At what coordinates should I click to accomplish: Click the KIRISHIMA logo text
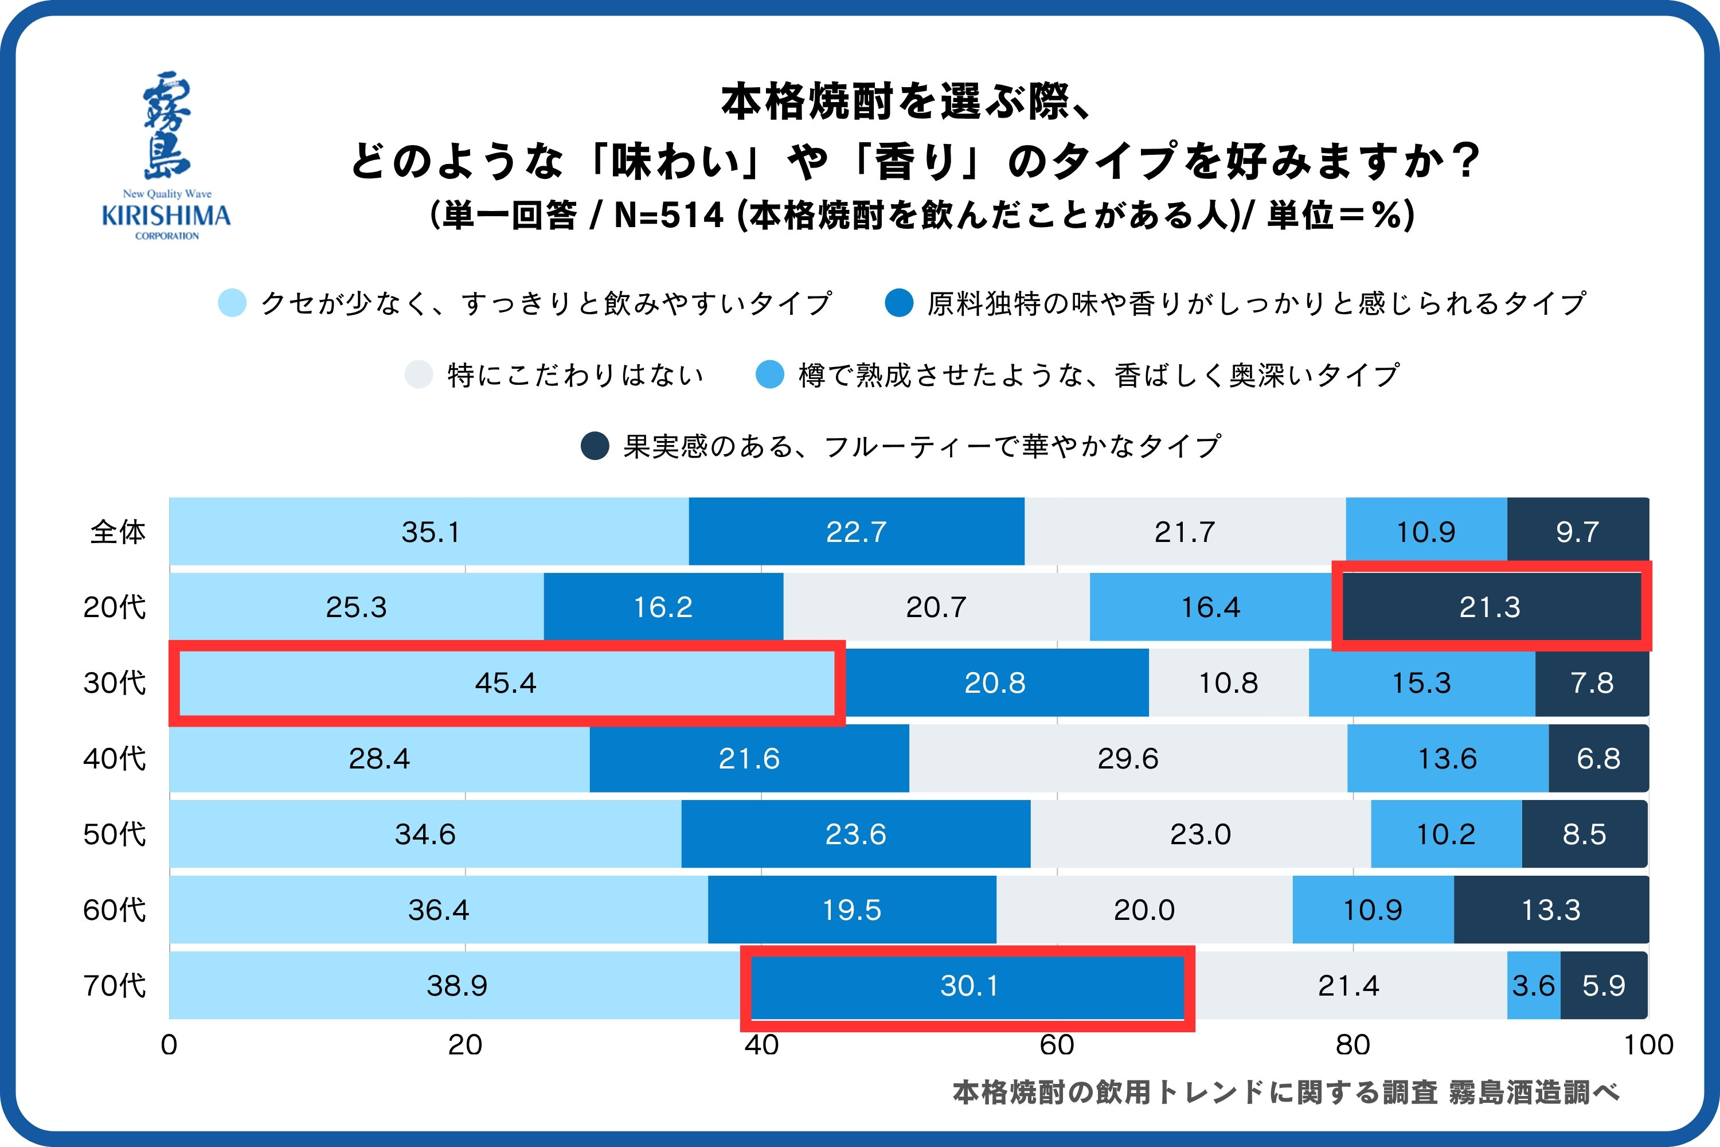(166, 215)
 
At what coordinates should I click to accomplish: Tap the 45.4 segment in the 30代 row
(505, 683)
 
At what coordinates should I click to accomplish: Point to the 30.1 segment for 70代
(968, 986)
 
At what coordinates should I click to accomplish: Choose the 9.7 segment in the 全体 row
(1577, 532)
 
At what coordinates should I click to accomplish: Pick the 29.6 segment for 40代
(1128, 759)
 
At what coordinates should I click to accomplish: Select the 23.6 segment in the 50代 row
(855, 834)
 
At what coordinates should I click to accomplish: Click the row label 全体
(118, 532)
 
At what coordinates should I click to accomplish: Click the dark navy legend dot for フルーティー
(595, 446)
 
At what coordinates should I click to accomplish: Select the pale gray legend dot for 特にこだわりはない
(419, 374)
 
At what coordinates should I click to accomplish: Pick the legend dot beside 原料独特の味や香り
(899, 303)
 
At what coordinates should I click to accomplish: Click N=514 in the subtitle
(669, 216)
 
